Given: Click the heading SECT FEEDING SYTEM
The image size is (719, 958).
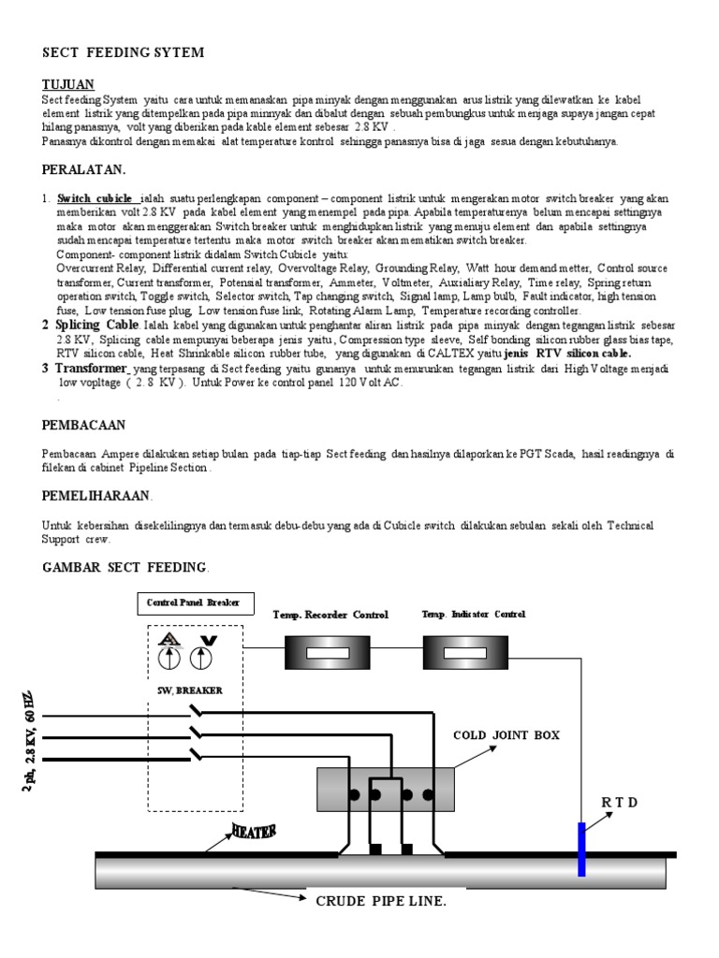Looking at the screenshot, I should coord(123,52).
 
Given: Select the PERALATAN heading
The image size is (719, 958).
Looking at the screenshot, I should coord(83,169).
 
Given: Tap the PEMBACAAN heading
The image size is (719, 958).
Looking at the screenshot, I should coord(83,424).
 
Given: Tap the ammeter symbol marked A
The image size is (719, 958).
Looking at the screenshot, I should coord(170,649).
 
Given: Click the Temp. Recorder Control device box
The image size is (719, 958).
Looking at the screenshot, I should coord(328,652).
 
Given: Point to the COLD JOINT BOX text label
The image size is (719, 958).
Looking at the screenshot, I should coord(506,735).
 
